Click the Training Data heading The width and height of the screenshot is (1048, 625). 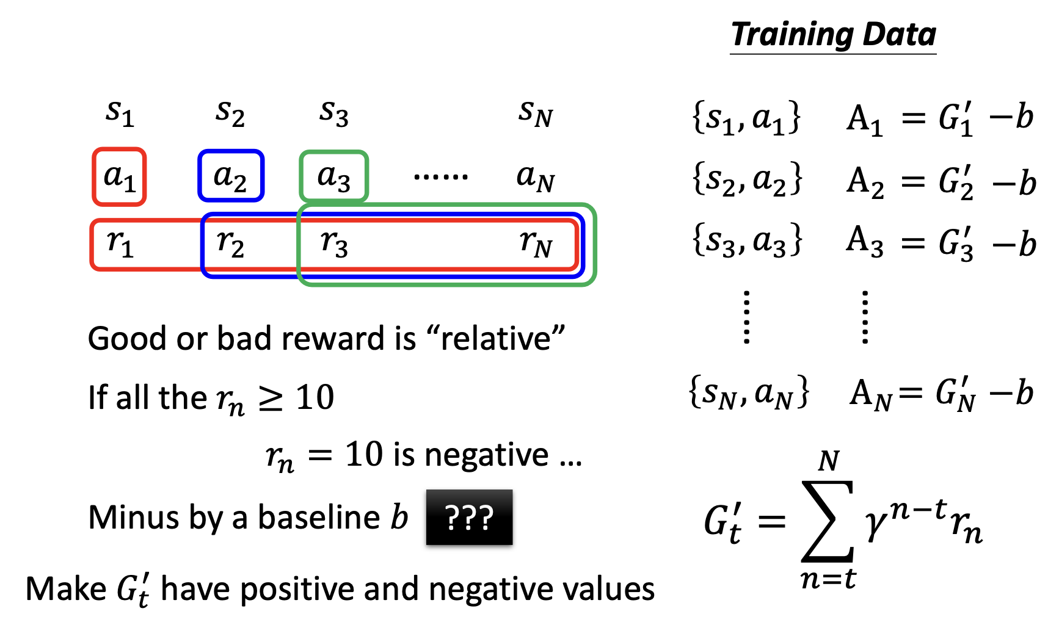tap(833, 34)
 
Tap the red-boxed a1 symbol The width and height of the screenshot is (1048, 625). tap(119, 176)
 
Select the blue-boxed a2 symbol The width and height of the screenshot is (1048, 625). tap(230, 176)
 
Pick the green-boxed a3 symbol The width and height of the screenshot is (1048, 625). tap(333, 176)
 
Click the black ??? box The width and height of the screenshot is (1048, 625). tap(469, 517)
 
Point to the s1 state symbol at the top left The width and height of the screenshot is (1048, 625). tap(120, 112)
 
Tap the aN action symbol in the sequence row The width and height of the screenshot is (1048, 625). tap(536, 176)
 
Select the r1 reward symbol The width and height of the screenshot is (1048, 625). tap(120, 242)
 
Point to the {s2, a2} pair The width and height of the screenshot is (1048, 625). tap(746, 180)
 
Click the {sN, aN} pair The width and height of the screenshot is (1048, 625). tap(749, 392)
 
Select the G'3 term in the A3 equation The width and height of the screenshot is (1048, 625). tap(956, 243)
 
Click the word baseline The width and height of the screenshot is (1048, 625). tap(319, 518)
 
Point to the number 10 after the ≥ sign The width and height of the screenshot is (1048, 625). tap(315, 397)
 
